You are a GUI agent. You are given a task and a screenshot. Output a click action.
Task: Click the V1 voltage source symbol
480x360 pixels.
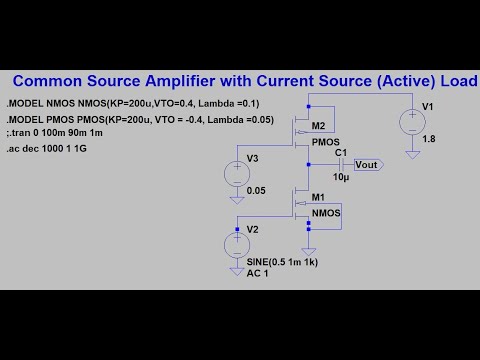[411, 121]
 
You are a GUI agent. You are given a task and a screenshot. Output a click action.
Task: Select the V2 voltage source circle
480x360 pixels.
[237, 245]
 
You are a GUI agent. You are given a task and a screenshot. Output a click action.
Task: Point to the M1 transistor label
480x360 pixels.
[318, 198]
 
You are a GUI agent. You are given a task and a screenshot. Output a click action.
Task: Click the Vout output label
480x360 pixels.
[367, 164]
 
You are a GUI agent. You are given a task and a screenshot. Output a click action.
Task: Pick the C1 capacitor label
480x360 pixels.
[341, 152]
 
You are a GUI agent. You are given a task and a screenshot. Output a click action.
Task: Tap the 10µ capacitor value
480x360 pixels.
[341, 177]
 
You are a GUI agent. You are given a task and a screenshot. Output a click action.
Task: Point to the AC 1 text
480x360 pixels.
[258, 273]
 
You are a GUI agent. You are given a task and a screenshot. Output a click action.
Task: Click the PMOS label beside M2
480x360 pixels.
[326, 142]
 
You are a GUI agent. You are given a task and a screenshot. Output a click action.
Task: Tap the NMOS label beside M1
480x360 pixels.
[326, 214]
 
